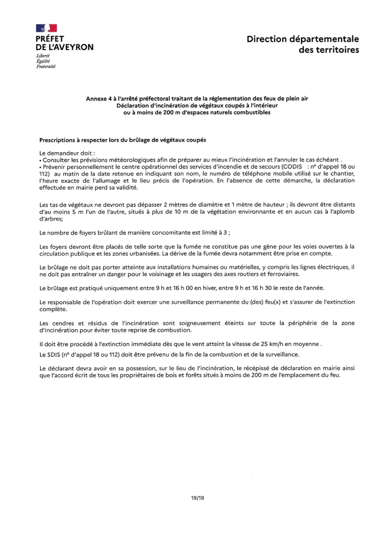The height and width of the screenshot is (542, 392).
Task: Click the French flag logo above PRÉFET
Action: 46,29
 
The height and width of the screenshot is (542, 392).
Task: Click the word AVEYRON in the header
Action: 73,47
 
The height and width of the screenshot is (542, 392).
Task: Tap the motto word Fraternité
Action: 45,66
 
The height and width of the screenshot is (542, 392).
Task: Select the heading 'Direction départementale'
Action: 303,39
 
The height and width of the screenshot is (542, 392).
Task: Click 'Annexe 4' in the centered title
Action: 99,98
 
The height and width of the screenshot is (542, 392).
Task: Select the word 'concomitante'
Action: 166,233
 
